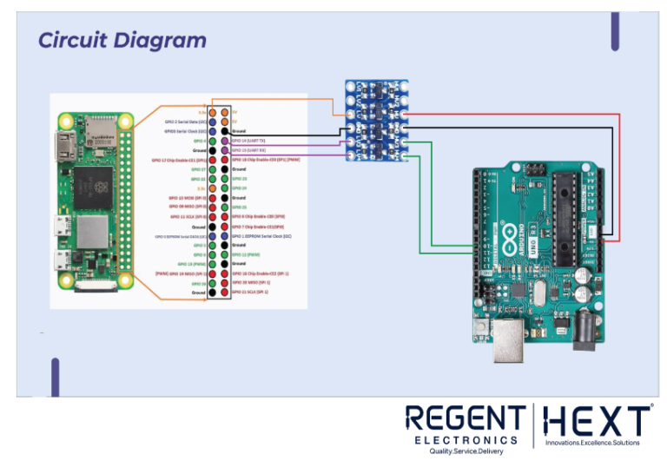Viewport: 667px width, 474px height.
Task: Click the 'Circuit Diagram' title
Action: tap(122, 40)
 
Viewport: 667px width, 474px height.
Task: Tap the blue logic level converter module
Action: tap(377, 120)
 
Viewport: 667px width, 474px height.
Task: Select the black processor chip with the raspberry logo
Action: tap(92, 184)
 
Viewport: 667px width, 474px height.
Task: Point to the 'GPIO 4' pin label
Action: tap(199, 140)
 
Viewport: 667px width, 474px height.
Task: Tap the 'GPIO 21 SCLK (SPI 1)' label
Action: tap(252, 293)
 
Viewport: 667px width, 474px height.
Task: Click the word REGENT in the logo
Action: tap(465, 420)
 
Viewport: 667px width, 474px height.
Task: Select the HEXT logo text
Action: tap(597, 422)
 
